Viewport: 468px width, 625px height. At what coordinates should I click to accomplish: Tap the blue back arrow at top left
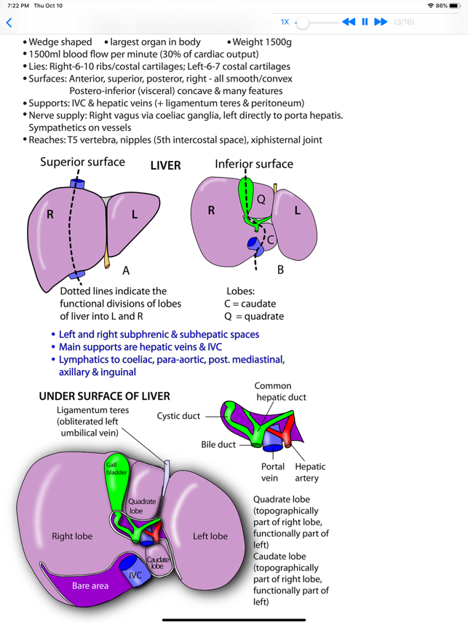pyautogui.click(x=9, y=23)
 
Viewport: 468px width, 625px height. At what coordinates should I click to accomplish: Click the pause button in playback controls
pyautogui.click(x=365, y=22)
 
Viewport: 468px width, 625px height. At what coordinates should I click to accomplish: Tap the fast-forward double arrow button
pyautogui.click(x=381, y=22)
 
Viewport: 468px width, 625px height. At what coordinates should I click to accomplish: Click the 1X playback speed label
pyautogui.click(x=285, y=22)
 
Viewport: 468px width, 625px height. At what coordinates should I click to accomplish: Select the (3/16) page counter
pyautogui.click(x=404, y=22)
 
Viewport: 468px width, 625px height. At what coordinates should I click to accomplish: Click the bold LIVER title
pyautogui.click(x=165, y=165)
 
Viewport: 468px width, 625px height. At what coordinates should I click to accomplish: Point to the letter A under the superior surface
pyautogui.click(x=126, y=270)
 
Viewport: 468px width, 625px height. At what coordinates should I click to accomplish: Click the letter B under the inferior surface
pyautogui.click(x=280, y=270)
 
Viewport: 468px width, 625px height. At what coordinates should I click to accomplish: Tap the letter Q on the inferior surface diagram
pyautogui.click(x=261, y=199)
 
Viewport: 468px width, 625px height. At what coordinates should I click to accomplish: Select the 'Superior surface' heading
pyautogui.click(x=82, y=162)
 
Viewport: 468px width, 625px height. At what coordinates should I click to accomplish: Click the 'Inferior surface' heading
pyautogui.click(x=254, y=164)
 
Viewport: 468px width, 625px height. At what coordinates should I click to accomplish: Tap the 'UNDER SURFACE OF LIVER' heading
pyautogui.click(x=104, y=396)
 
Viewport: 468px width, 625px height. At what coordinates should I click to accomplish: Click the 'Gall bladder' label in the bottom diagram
pyautogui.click(x=116, y=468)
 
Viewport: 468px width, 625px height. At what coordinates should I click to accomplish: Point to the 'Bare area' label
pyautogui.click(x=90, y=586)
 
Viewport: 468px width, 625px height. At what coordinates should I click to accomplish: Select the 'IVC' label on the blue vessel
pyautogui.click(x=135, y=575)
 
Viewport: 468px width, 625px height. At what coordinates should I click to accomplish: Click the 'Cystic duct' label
pyautogui.click(x=178, y=416)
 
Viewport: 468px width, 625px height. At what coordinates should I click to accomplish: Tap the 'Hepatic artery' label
pyautogui.click(x=310, y=472)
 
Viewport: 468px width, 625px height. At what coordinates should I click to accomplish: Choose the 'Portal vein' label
pyautogui.click(x=273, y=472)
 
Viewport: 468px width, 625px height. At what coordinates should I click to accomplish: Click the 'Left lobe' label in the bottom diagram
pyautogui.click(x=210, y=536)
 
